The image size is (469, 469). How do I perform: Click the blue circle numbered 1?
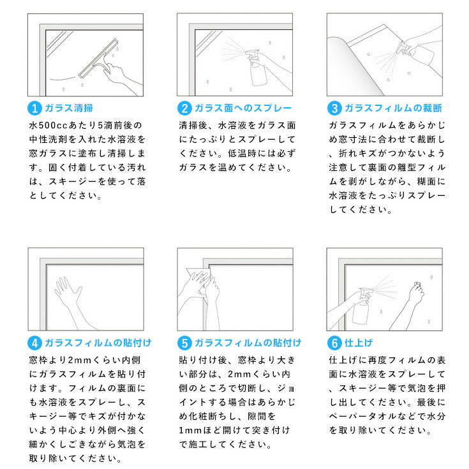point(34,108)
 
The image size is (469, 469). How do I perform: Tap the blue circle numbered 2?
point(184,108)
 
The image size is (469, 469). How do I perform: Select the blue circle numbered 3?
point(334,108)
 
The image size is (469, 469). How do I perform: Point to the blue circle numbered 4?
point(34,343)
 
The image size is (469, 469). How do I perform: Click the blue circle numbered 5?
point(184,343)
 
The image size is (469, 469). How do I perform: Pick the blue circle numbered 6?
point(334,343)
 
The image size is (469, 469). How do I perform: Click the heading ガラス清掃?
point(69,108)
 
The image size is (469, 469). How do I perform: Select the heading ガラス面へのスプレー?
point(243,108)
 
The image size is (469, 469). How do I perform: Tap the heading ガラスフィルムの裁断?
point(393,108)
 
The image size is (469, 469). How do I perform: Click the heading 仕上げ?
point(359,343)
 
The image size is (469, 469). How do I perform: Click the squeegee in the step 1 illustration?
point(98,58)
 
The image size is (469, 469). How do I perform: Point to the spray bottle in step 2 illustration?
point(257,68)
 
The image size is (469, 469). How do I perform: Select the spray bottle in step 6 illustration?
point(362,306)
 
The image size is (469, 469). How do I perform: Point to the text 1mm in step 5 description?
point(190,430)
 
